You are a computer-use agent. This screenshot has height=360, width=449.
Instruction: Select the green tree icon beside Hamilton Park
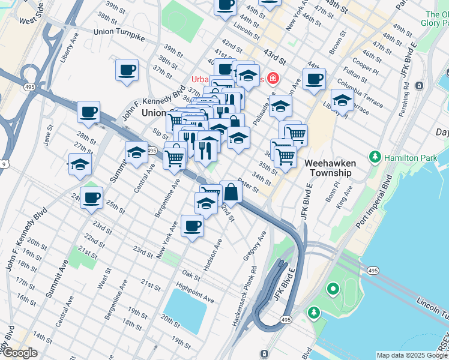375,157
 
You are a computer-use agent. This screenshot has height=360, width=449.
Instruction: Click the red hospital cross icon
273,79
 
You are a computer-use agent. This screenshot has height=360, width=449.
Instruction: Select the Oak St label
190,275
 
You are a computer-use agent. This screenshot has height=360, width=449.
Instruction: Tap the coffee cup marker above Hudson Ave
192,226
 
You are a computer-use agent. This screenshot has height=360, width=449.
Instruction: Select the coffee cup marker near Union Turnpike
127,70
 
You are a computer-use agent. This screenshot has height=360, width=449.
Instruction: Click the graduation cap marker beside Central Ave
136,152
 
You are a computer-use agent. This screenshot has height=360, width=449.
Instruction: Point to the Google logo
19,353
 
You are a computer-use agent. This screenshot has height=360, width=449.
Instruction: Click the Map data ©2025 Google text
411,355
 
